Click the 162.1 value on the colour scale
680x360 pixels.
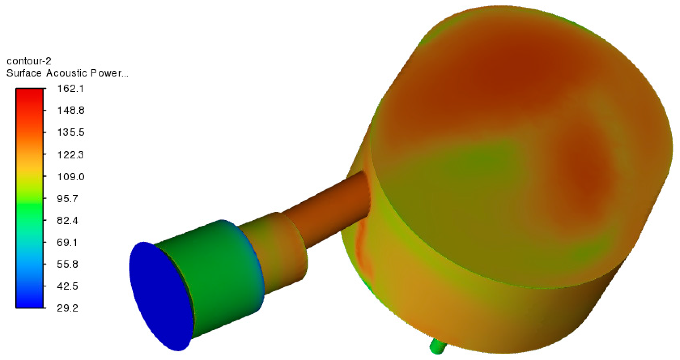[70, 89]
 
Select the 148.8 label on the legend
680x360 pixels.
[71, 110]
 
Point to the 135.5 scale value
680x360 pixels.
[71, 132]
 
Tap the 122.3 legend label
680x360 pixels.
[70, 155]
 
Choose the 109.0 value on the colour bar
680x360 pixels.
[71, 177]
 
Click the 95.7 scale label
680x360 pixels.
[67, 199]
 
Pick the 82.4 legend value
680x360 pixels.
[67, 221]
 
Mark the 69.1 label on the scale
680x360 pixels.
[67, 242]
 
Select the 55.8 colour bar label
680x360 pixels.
[67, 264]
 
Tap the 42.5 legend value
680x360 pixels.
[67, 286]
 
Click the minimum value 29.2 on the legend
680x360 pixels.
[67, 308]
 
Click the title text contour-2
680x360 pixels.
[29, 61]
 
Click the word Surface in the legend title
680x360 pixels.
[24, 73]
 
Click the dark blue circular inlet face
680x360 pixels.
[160, 297]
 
